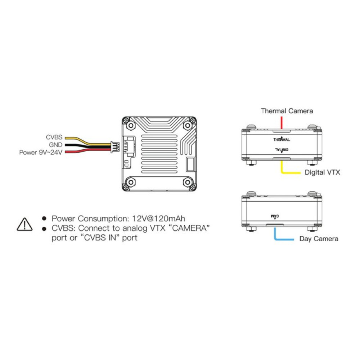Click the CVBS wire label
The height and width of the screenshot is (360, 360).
pyautogui.click(x=54, y=137)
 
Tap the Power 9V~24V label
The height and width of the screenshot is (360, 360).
pyautogui.click(x=41, y=152)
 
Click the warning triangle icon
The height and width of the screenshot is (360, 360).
pyautogui.click(x=24, y=224)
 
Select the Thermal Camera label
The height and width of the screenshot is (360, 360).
pyautogui.click(x=287, y=111)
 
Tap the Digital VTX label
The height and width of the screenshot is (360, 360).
pyautogui.click(x=322, y=172)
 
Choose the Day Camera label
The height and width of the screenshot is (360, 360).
pyautogui.click(x=319, y=239)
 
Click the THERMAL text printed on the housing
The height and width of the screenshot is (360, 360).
pyautogui.click(x=282, y=139)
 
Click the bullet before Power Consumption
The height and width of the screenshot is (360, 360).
pyautogui.click(x=44, y=219)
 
